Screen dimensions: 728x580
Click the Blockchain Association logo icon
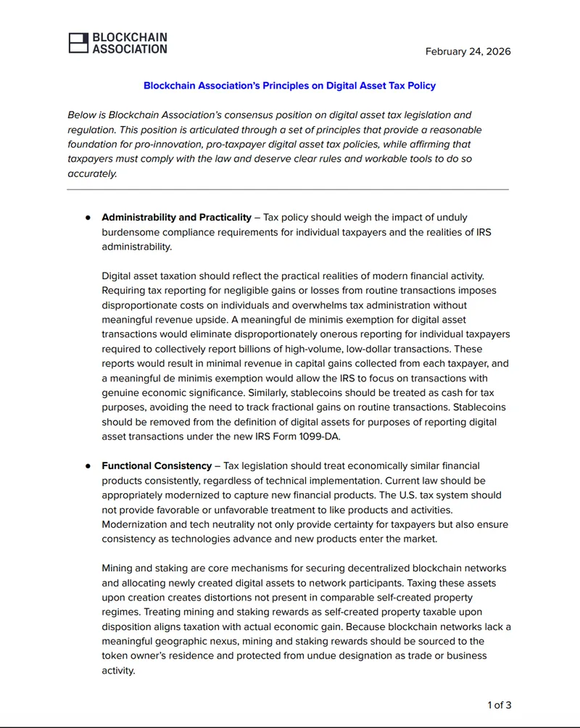coord(78,43)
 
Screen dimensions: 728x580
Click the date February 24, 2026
coord(468,51)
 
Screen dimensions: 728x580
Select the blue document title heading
coord(289,86)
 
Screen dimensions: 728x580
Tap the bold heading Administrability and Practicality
coord(176,217)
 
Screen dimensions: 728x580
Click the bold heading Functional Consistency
coord(157,466)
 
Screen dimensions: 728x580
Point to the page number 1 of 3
coord(499,705)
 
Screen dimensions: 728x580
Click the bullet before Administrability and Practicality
coord(88,218)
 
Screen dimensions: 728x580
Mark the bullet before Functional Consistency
coord(88,466)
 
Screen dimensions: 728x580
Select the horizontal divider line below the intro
coord(288,189)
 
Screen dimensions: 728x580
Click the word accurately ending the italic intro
coord(92,174)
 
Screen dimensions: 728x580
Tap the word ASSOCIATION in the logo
coord(130,49)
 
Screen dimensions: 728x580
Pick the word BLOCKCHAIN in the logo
coord(130,37)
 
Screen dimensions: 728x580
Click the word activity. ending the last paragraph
coord(118,671)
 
